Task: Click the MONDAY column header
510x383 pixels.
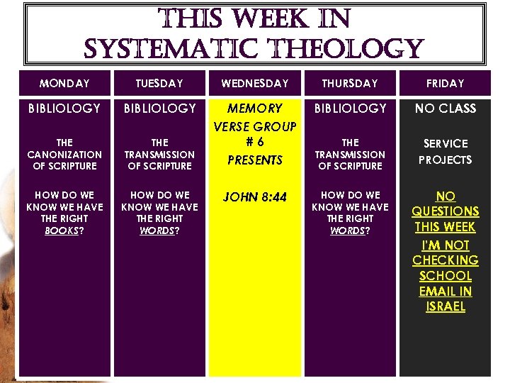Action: pyautogui.click(x=64, y=84)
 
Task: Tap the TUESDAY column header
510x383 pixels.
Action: pyautogui.click(x=159, y=84)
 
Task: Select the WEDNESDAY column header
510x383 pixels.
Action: pyautogui.click(x=255, y=84)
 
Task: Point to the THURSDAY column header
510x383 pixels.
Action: pyautogui.click(x=350, y=84)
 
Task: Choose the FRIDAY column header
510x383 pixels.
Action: pyautogui.click(x=445, y=84)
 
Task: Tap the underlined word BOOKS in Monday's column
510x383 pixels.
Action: pyautogui.click(x=61, y=231)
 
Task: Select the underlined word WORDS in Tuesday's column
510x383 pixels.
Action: pyautogui.click(x=157, y=231)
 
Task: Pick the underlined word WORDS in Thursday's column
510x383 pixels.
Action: pyautogui.click(x=347, y=231)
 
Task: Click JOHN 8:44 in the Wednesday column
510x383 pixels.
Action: pyautogui.click(x=255, y=197)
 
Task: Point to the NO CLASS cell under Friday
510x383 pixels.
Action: pyautogui.click(x=445, y=109)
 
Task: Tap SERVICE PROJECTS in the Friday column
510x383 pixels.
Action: pyautogui.click(x=445, y=152)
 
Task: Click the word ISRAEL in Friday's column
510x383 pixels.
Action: pyautogui.click(x=446, y=307)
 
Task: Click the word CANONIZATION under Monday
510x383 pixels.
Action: pyautogui.click(x=64, y=155)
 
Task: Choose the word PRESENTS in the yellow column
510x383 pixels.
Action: pyautogui.click(x=255, y=160)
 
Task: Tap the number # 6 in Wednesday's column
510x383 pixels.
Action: pyautogui.click(x=255, y=142)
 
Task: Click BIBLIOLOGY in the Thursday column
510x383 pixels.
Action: pyautogui.click(x=350, y=109)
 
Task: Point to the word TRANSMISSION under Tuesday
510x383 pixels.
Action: pyautogui.click(x=159, y=155)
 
